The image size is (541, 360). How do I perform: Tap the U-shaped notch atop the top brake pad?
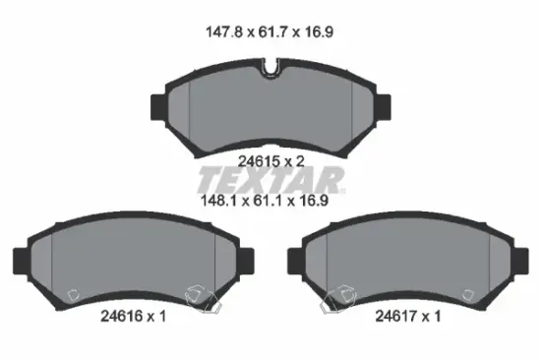(x=271, y=71)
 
